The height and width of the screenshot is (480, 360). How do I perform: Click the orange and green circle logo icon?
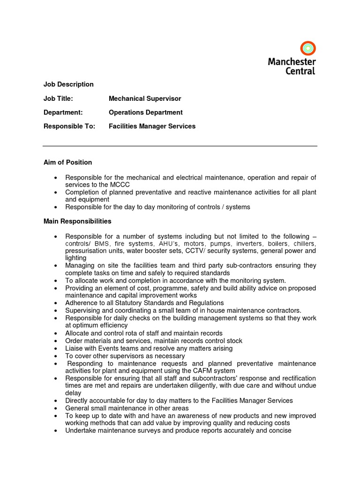pyautogui.click(x=308, y=48)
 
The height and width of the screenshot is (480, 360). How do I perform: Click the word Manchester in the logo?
pyautogui.click(x=292, y=61)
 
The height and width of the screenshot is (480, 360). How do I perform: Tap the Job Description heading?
pyautogui.click(x=68, y=84)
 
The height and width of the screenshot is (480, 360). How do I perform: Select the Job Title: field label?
pyautogui.click(x=58, y=98)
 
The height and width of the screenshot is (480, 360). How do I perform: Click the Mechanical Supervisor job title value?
pyautogui.click(x=145, y=98)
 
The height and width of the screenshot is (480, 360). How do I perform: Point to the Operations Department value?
pyautogui.click(x=146, y=112)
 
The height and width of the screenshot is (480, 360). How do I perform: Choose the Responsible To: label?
pyautogui.click(x=69, y=126)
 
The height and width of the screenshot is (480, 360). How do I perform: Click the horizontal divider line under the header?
pyautogui.click(x=180, y=146)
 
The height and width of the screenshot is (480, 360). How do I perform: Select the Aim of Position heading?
pyautogui.click(x=68, y=162)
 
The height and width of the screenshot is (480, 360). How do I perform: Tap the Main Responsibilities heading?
pyautogui.click(x=77, y=221)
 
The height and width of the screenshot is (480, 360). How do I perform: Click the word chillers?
pyautogui.click(x=304, y=244)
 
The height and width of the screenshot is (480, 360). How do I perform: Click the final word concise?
pyautogui.click(x=279, y=430)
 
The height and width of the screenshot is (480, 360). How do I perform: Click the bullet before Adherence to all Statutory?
pyautogui.click(x=56, y=303)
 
